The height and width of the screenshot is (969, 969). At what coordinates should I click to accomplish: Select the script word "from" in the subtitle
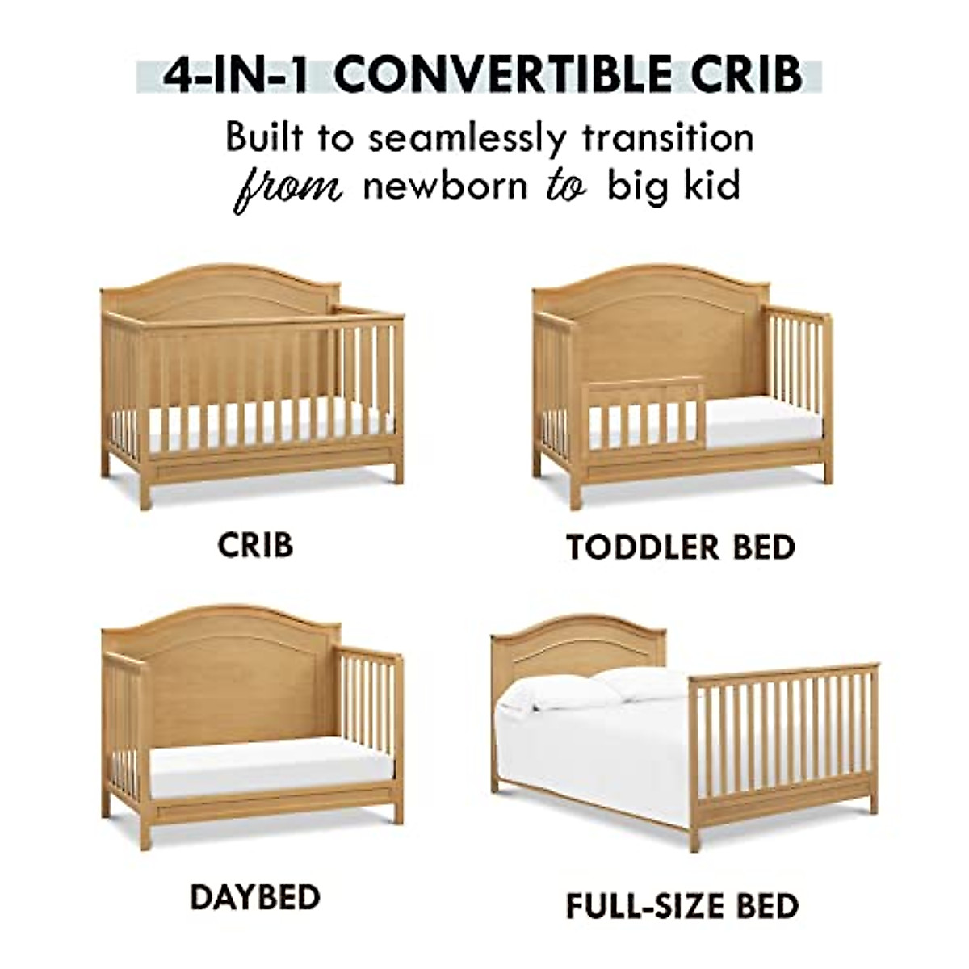click(x=289, y=187)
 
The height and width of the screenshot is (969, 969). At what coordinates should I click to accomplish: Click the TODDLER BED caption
click(x=681, y=547)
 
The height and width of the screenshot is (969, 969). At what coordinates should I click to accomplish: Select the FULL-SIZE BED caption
click(x=682, y=905)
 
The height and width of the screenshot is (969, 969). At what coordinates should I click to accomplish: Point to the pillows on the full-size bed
click(x=598, y=690)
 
